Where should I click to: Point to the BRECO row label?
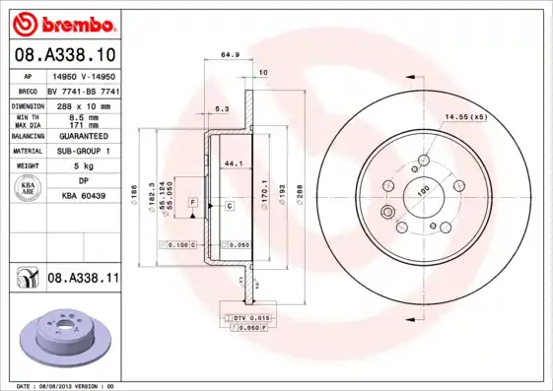(29, 90)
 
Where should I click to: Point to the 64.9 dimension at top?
(227, 56)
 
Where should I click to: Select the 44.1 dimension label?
(234, 162)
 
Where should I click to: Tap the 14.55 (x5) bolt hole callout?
(465, 117)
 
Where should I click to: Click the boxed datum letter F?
(193, 202)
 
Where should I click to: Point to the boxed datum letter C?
(228, 205)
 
